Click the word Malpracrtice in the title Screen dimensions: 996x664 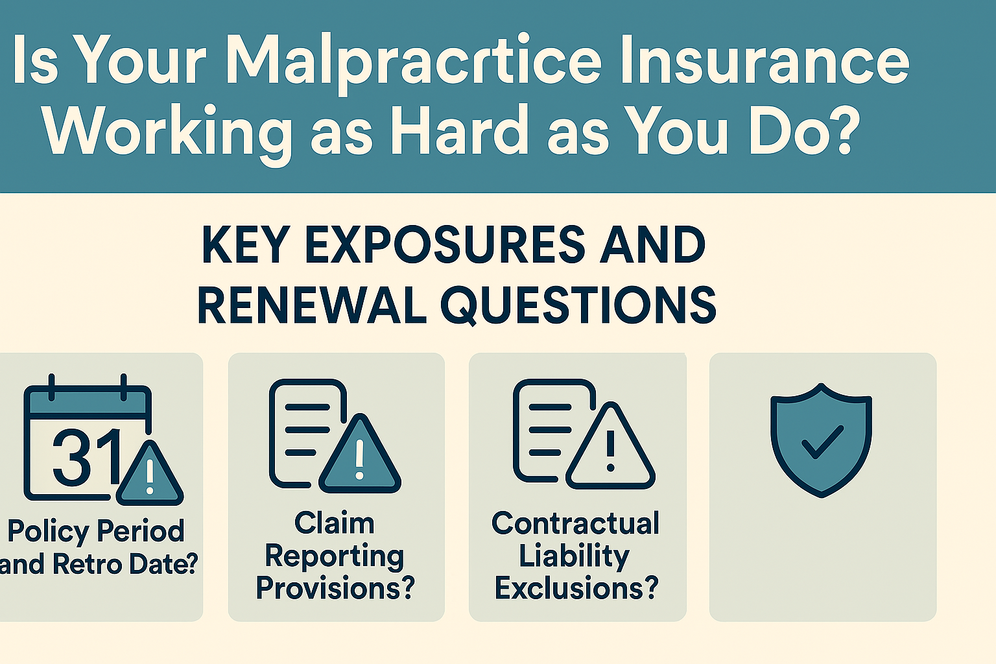[414, 61]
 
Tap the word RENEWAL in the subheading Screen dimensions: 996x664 [312, 305]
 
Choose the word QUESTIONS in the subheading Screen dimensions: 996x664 [578, 306]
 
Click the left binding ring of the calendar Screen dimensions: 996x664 [52, 387]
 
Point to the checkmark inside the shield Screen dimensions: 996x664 [822, 442]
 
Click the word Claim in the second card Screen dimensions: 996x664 [335, 523]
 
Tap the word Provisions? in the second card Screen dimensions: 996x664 [335, 587]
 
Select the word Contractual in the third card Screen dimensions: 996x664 [575, 523]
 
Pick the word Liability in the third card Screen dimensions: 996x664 [574, 556]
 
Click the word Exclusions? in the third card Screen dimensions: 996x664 [576, 587]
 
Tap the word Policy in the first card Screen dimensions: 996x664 [49, 532]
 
